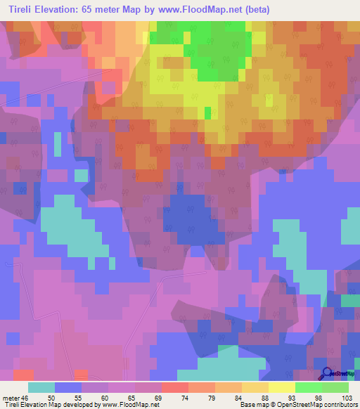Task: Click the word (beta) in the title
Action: (254, 9)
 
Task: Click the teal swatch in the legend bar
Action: (41, 387)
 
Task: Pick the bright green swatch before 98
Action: (309, 387)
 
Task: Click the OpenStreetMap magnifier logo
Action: (327, 373)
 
